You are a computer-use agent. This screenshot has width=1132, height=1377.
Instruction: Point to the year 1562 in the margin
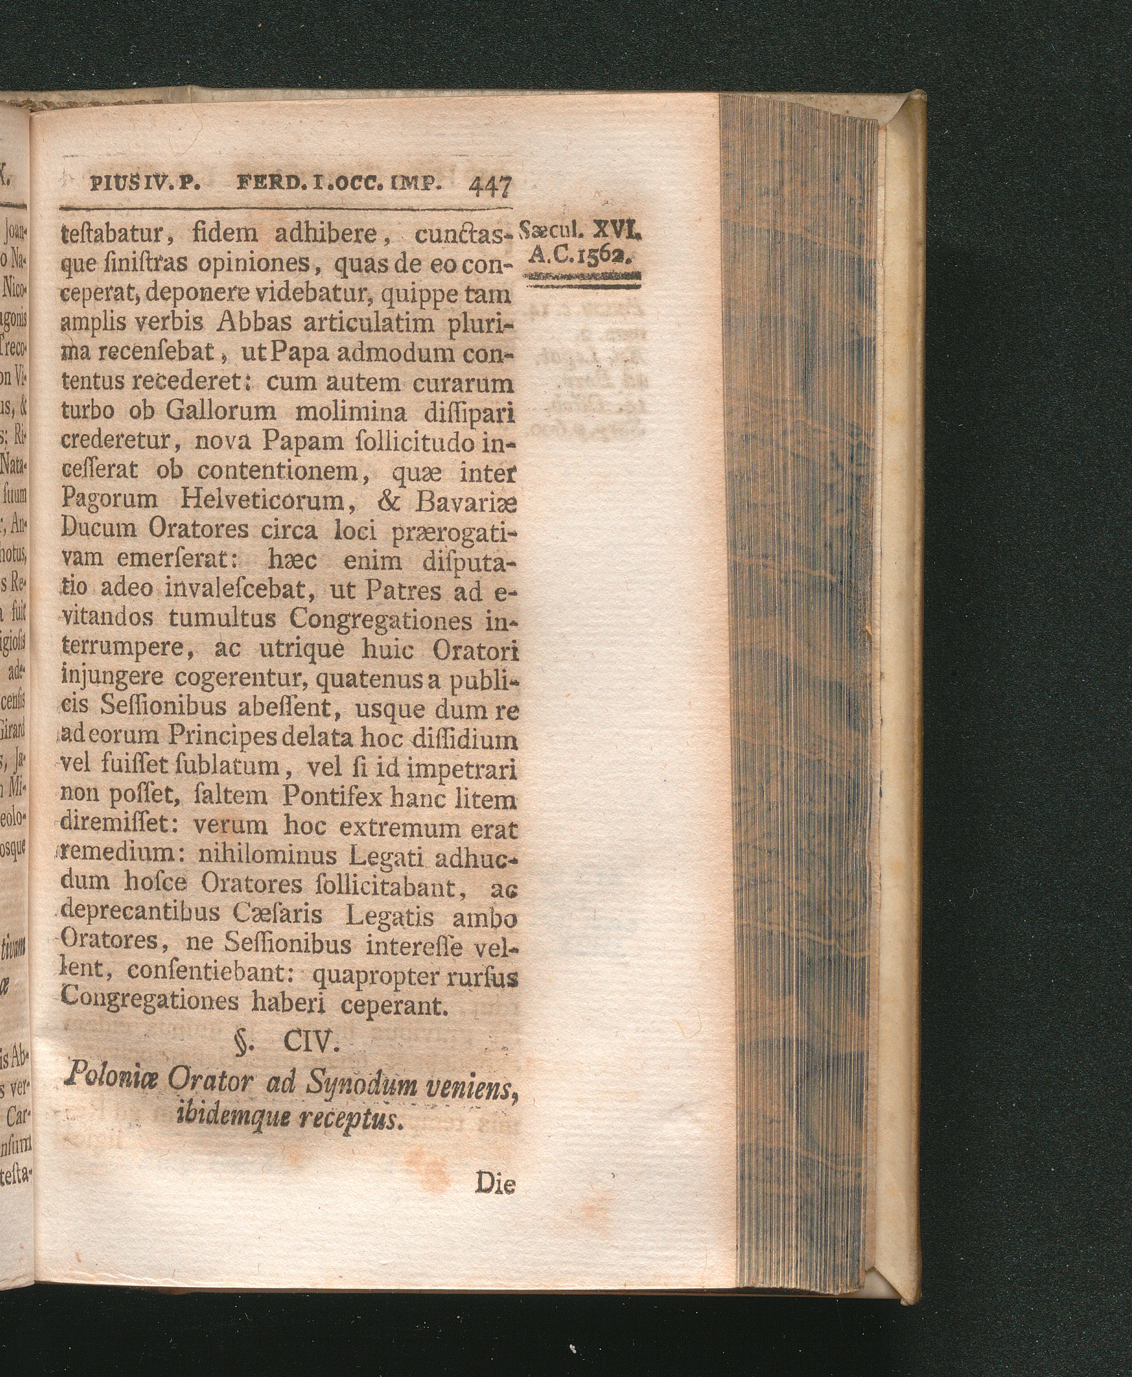point(607,257)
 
